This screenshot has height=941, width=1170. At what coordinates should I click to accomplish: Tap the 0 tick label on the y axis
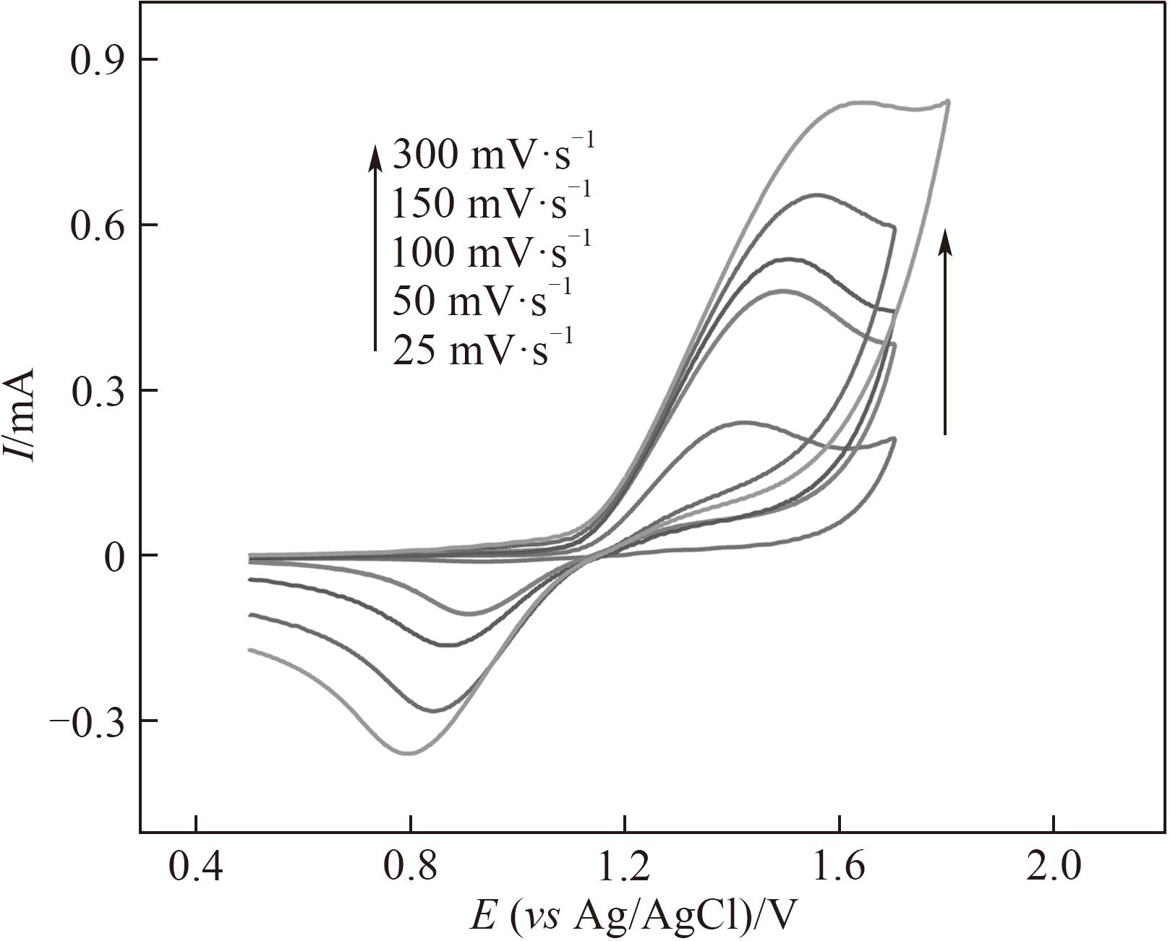point(114,557)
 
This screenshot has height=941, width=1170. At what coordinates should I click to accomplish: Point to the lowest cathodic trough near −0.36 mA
point(409,753)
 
